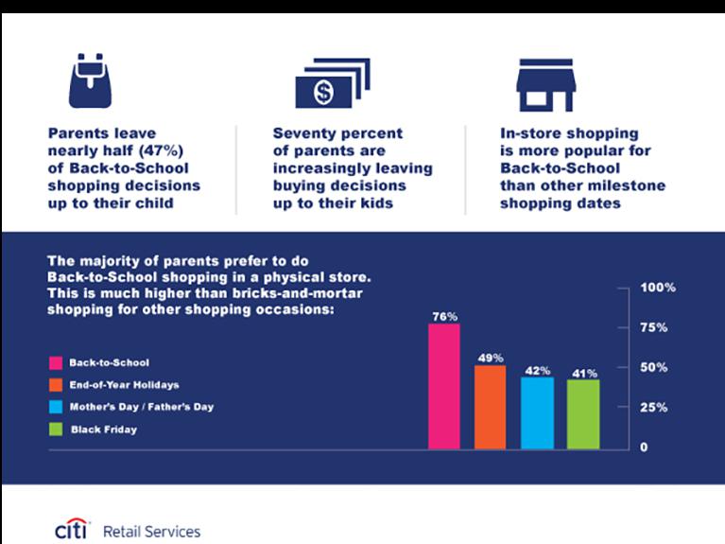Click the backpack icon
(x=90, y=81)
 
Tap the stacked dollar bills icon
(x=332, y=83)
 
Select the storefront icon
(x=545, y=86)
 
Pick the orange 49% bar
(x=490, y=407)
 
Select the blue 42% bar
(x=537, y=412)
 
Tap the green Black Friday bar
(x=583, y=413)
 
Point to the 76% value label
(x=444, y=316)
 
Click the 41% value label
(x=583, y=373)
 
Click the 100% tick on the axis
(x=658, y=287)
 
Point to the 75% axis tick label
(x=654, y=327)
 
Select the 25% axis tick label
(x=654, y=407)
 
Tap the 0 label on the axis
(x=644, y=447)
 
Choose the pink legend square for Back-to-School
(x=54, y=362)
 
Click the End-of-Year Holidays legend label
(x=124, y=385)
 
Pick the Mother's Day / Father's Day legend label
(x=142, y=407)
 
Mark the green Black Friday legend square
(x=54, y=430)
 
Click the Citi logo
(x=72, y=530)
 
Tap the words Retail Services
(x=151, y=532)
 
